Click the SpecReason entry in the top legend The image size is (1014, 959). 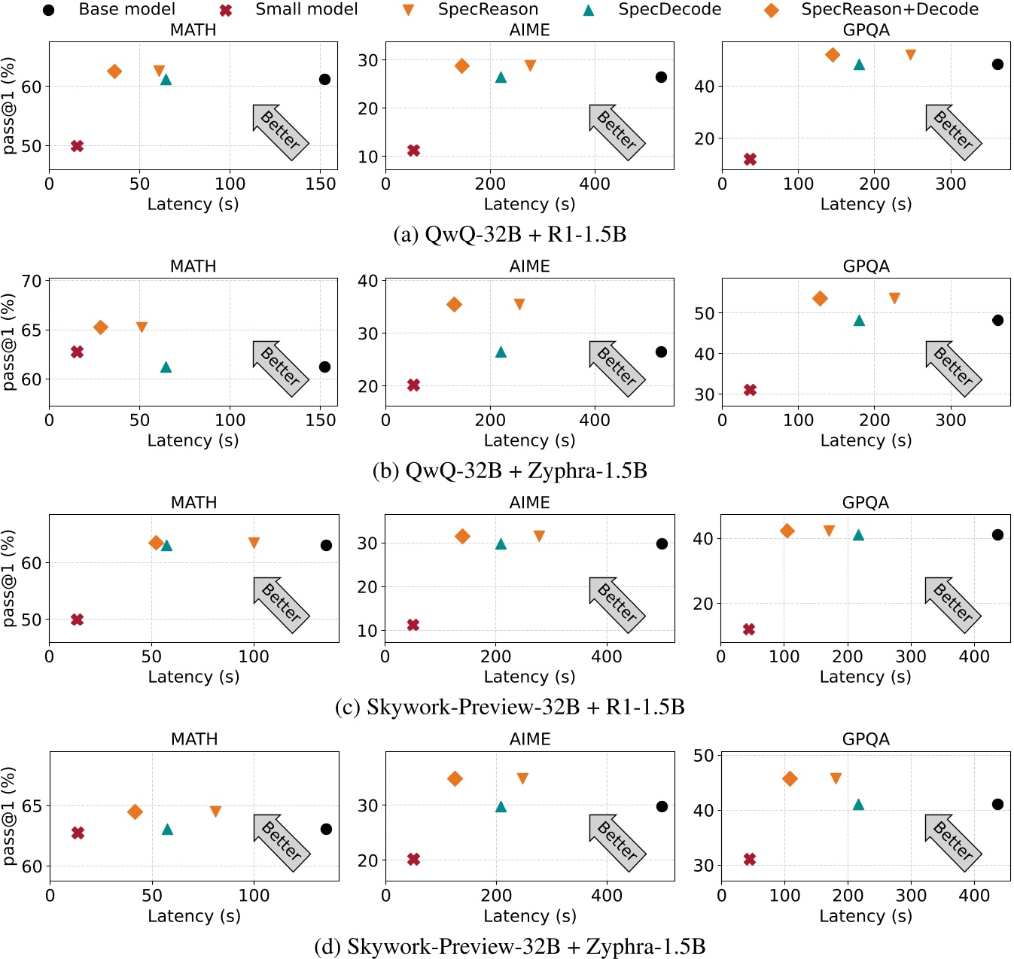(x=488, y=10)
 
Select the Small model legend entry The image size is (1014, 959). (x=306, y=10)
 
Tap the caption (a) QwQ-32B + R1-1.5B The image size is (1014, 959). (x=510, y=234)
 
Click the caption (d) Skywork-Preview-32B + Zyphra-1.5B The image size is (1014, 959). (x=510, y=946)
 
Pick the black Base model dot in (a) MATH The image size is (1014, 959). (x=324, y=79)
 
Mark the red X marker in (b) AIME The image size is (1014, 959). (x=413, y=385)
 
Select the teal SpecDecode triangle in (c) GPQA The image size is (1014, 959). (x=858, y=535)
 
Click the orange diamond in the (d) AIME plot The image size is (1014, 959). (x=455, y=778)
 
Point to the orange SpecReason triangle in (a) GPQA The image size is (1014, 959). (x=910, y=55)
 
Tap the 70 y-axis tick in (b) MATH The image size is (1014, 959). (x=32, y=282)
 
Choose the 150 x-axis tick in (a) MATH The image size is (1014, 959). (x=321, y=184)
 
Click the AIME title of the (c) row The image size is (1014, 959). (x=529, y=502)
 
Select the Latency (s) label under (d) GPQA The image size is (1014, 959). (x=866, y=916)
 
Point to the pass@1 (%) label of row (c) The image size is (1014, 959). (x=8, y=578)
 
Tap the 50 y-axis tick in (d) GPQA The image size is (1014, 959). (x=703, y=756)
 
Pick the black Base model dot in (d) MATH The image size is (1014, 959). (x=326, y=829)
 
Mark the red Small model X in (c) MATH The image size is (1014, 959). (x=77, y=620)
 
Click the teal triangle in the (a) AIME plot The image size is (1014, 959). (x=501, y=78)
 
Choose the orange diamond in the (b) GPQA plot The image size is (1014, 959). (x=820, y=299)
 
